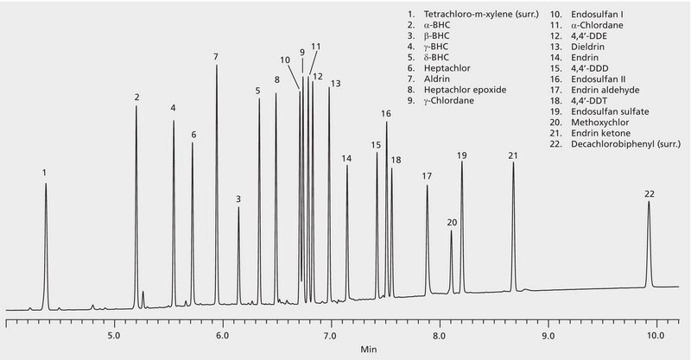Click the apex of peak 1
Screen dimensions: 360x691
(46, 184)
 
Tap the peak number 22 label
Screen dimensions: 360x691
(650, 193)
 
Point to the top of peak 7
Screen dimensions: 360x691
(216, 65)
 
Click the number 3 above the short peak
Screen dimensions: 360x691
(238, 199)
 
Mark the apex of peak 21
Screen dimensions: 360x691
(513, 162)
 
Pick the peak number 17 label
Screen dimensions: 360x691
(427, 176)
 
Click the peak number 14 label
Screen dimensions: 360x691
(346, 158)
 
